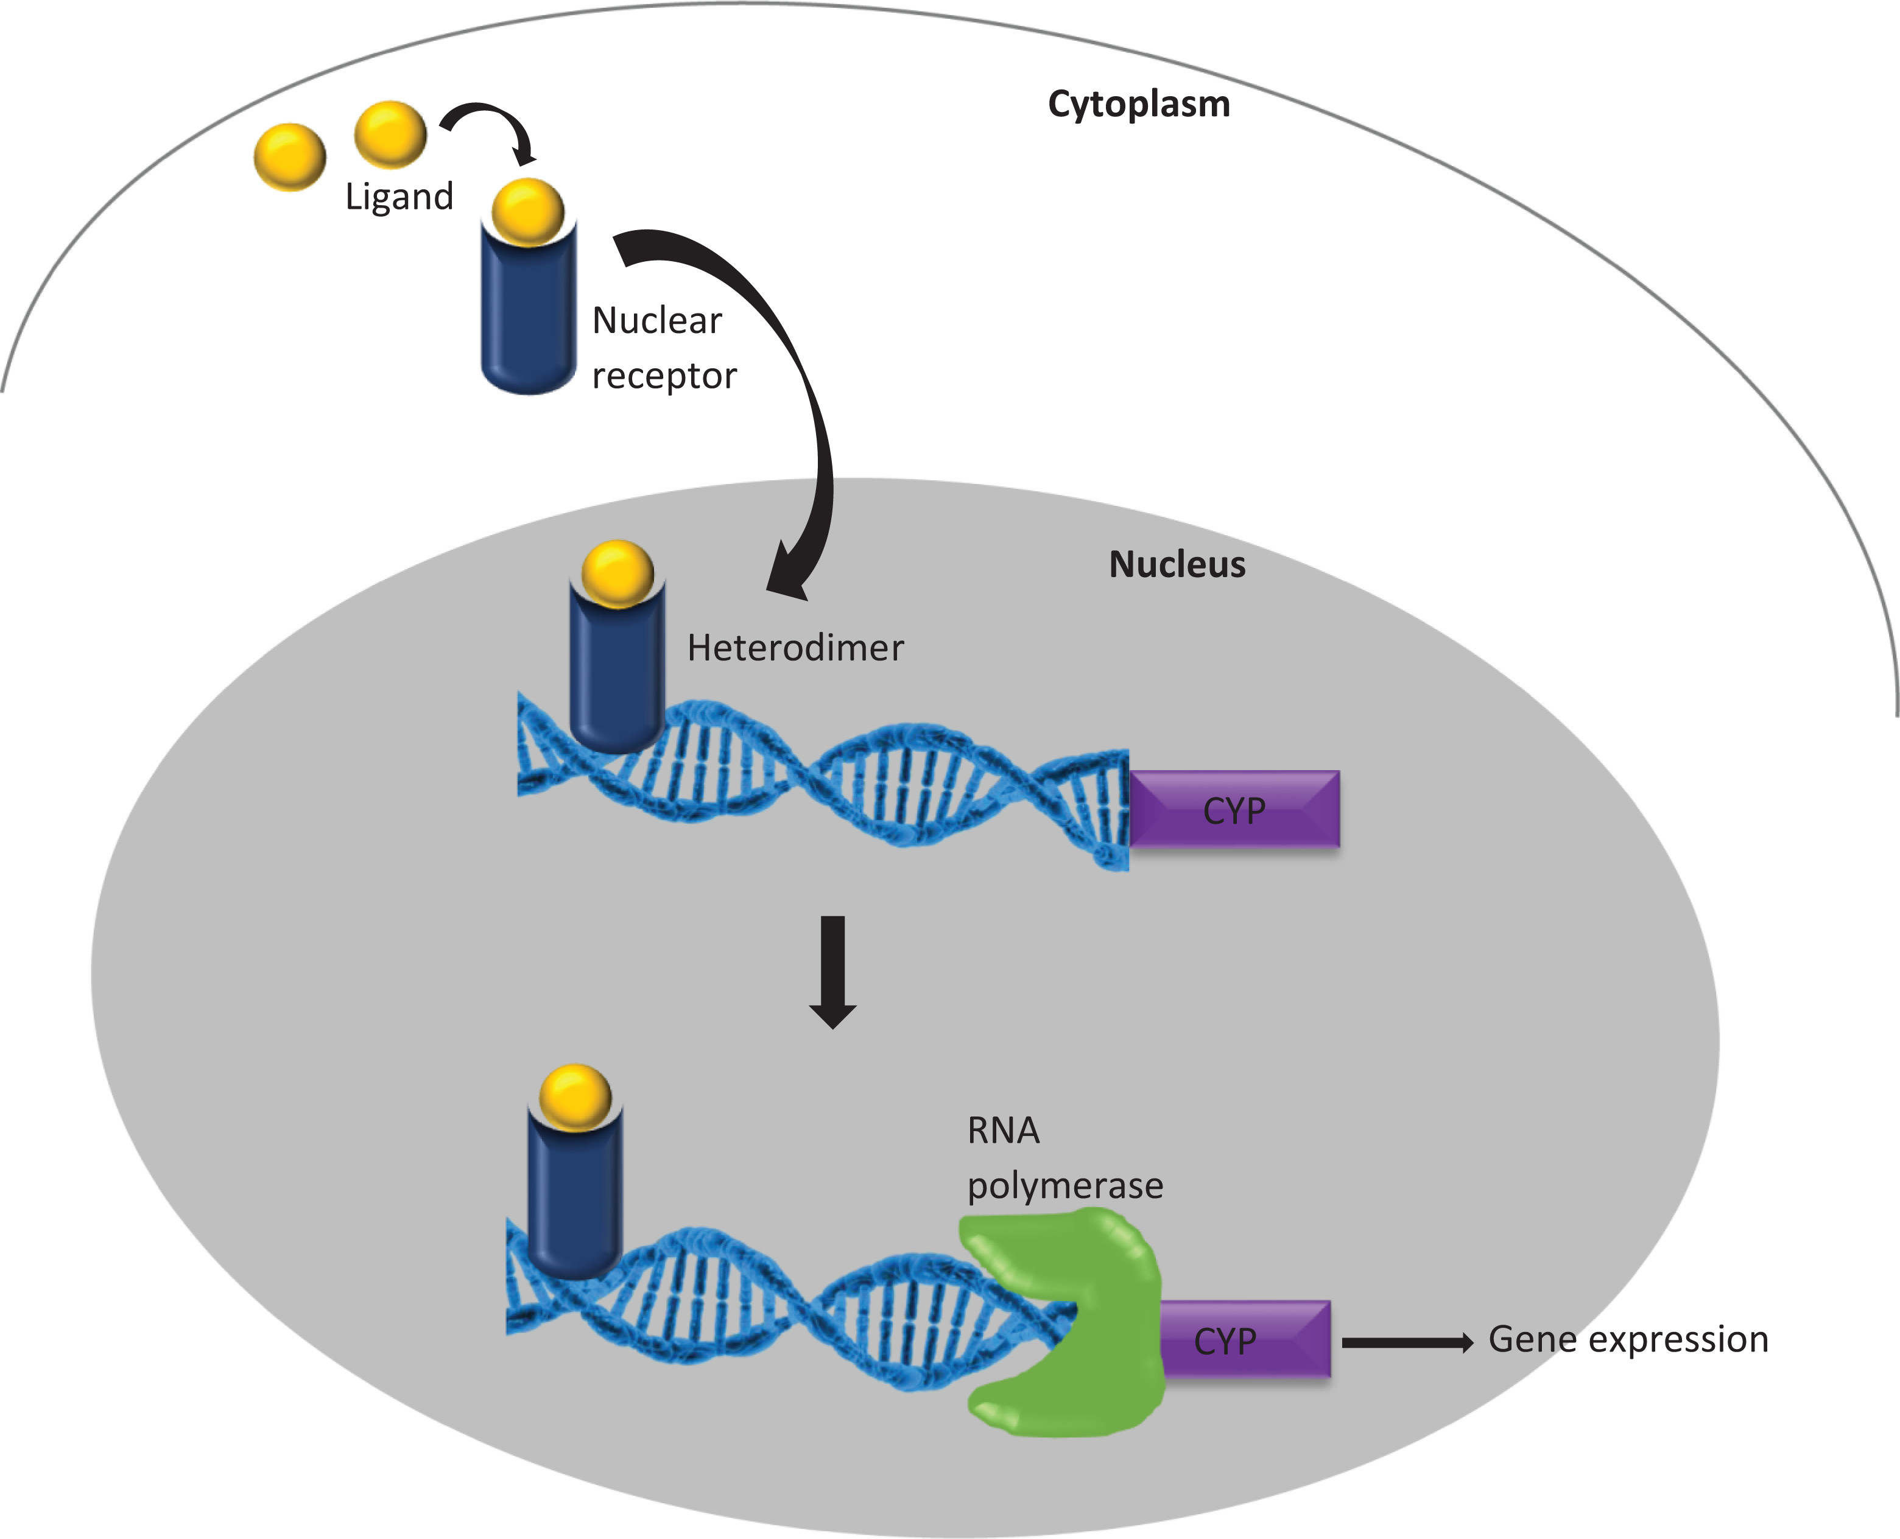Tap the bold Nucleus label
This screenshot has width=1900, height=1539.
pyautogui.click(x=1177, y=565)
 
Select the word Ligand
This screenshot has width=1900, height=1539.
pyautogui.click(x=399, y=196)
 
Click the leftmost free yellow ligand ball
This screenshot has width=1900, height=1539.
pyautogui.click(x=289, y=157)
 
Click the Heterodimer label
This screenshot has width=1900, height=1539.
pyautogui.click(x=795, y=648)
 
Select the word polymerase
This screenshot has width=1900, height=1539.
pyautogui.click(x=1065, y=1186)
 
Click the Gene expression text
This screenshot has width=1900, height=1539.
pyautogui.click(x=1628, y=1339)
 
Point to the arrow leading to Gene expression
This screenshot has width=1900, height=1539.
pyautogui.click(x=1406, y=1343)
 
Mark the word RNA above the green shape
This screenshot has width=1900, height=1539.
pyautogui.click(x=1003, y=1131)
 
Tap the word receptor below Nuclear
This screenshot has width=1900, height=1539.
pyautogui.click(x=664, y=376)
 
